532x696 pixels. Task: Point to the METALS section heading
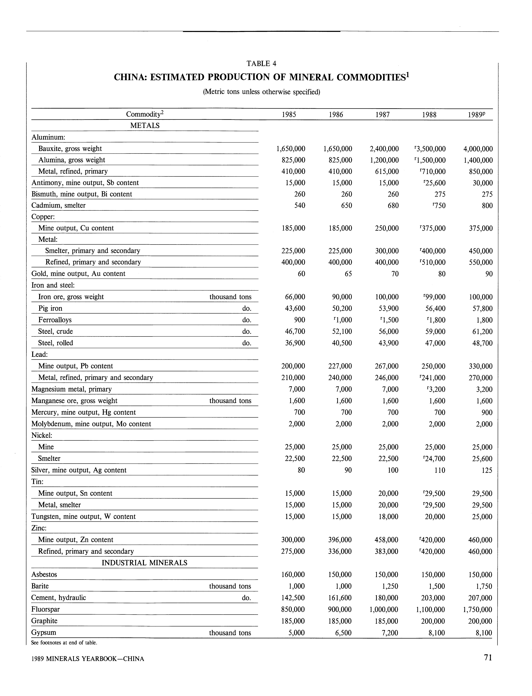[x=145, y=125]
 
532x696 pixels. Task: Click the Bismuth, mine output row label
[x=82, y=194]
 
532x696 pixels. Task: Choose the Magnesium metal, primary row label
[x=72, y=389]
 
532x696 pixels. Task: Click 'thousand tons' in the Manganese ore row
[x=230, y=401]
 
